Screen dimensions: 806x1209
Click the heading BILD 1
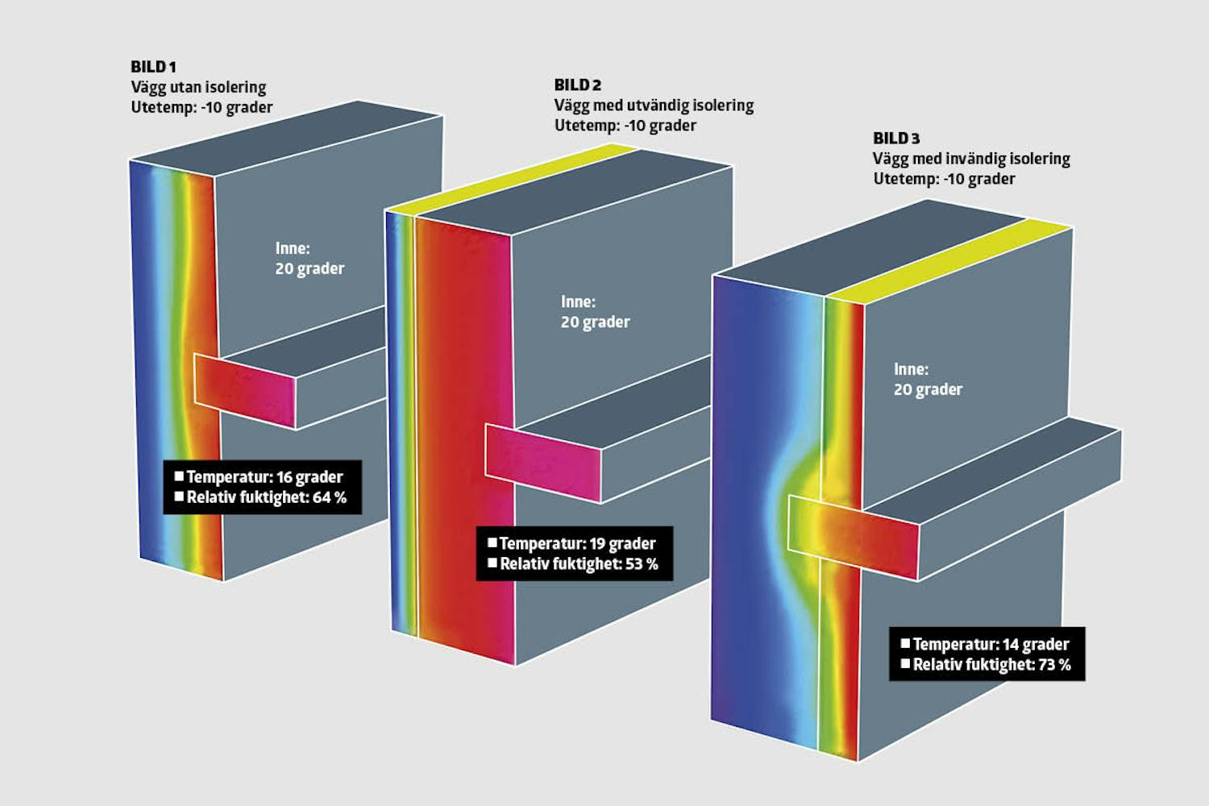(153, 67)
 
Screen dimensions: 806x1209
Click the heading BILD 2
(577, 85)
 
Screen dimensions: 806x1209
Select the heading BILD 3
(895, 139)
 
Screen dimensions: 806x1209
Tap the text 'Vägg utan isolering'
(198, 87)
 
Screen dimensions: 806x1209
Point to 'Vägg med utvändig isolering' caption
(654, 106)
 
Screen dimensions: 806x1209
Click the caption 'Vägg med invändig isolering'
(971, 159)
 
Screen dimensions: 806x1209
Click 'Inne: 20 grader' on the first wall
(310, 258)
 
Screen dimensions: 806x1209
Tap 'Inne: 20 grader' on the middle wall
(595, 311)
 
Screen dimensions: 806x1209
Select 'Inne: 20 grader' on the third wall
(928, 379)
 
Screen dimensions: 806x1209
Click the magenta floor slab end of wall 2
(543, 463)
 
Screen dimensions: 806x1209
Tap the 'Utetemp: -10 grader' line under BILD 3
(944, 179)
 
